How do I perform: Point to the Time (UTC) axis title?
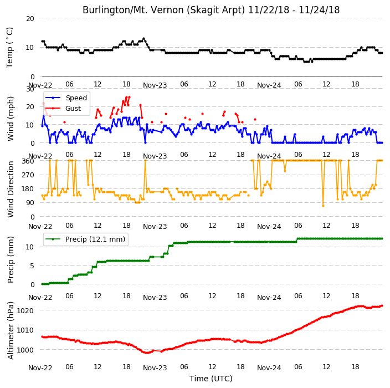tap(211, 379)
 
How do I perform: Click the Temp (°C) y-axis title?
tap(9, 48)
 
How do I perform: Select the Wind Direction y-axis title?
tap(11, 190)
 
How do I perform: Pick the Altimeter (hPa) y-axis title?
tap(11, 331)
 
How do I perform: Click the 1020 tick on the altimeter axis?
tap(25, 311)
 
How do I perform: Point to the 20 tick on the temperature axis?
tap(30, 19)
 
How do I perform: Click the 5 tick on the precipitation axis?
tap(32, 266)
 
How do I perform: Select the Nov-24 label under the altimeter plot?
tap(269, 368)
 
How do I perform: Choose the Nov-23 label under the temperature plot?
tap(155, 85)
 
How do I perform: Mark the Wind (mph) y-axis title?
tap(11, 119)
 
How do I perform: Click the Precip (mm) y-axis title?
tap(11, 259)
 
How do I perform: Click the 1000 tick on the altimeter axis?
tap(25, 350)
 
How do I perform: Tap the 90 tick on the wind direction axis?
tap(30, 203)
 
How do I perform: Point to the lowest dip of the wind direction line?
tap(323, 206)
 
